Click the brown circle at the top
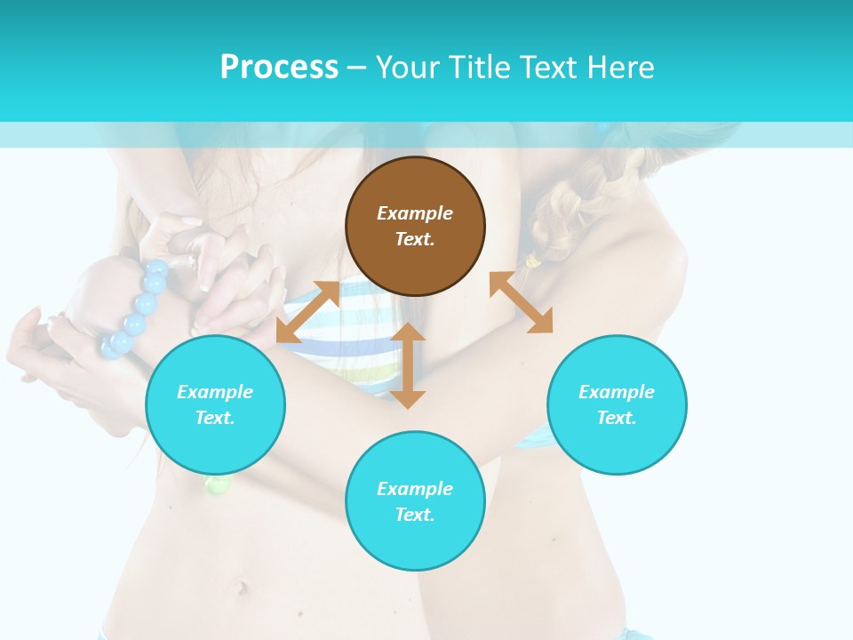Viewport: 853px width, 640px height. (415, 226)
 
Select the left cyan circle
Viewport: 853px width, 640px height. (215, 404)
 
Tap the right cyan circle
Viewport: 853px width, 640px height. (617, 404)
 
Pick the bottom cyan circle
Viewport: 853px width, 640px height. (415, 501)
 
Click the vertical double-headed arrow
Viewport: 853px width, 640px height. (408, 365)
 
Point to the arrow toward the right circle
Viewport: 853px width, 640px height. (521, 302)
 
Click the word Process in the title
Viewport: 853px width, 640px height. (279, 68)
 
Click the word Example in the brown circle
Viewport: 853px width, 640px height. (415, 213)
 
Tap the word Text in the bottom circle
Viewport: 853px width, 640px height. (413, 515)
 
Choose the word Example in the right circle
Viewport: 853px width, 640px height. (617, 392)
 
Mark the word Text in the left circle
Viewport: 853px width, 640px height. (214, 418)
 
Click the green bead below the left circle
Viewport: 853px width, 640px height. (219, 485)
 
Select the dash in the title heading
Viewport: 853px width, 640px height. (356, 68)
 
